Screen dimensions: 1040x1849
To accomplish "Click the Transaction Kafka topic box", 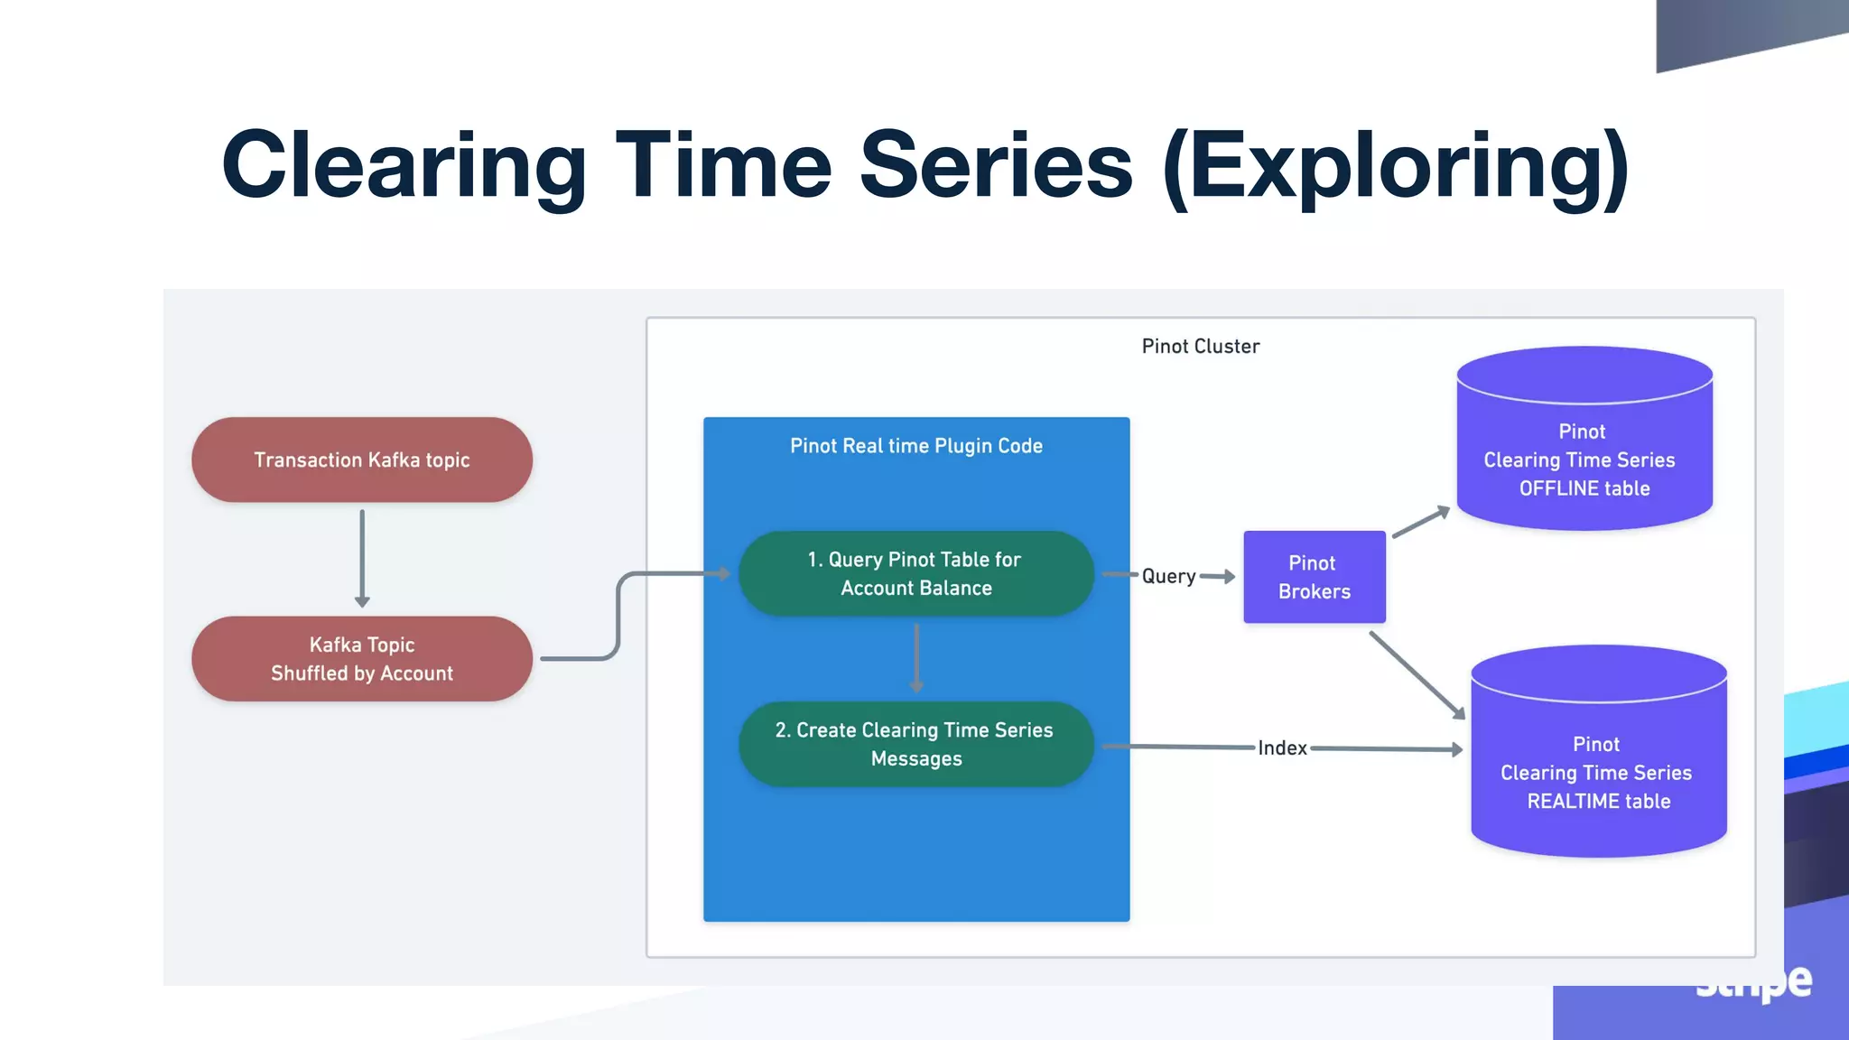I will tap(361, 460).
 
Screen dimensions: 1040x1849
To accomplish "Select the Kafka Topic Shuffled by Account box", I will tap(361, 659).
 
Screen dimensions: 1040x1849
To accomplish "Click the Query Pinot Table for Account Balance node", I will tap(915, 573).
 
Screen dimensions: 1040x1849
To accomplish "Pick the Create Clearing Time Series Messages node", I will tap(915, 744).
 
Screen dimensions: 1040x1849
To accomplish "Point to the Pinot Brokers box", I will tap(1314, 577).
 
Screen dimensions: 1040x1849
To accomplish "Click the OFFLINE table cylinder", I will tap(1584, 451).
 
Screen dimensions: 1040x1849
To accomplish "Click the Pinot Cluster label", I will tap(1200, 347).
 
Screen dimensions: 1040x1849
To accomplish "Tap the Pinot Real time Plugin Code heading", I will tap(915, 446).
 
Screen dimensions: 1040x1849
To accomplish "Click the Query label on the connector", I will tap(1168, 576).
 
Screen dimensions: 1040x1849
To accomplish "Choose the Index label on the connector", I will tap(1282, 748).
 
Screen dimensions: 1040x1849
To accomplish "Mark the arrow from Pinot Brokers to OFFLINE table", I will tap(1421, 523).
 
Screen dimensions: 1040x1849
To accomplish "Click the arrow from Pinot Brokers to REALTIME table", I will tap(1416, 674).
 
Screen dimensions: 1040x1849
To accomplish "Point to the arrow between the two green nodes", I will tap(916, 657).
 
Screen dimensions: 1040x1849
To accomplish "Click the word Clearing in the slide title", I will tap(404, 165).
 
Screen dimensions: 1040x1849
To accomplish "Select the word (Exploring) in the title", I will tap(1396, 167).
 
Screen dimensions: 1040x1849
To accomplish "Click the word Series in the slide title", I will tap(995, 165).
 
